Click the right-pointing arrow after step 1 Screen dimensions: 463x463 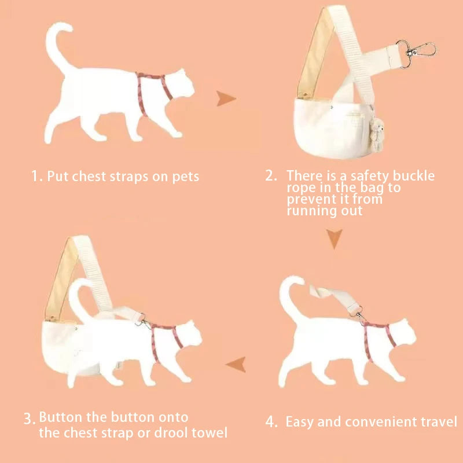coord(225,98)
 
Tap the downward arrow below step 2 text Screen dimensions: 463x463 coord(335,238)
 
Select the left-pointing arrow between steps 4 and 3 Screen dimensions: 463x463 coord(237,365)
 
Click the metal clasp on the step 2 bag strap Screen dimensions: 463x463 coord(416,53)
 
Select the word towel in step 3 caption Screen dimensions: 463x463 coord(210,433)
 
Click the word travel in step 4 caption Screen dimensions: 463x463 coord(439,421)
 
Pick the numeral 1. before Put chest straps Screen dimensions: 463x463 coord(37,177)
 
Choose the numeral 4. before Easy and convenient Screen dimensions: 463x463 coord(271,422)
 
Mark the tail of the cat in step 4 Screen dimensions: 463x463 coord(291,298)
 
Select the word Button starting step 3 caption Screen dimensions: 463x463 coord(61,417)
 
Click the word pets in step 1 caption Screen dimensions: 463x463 coord(186,177)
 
